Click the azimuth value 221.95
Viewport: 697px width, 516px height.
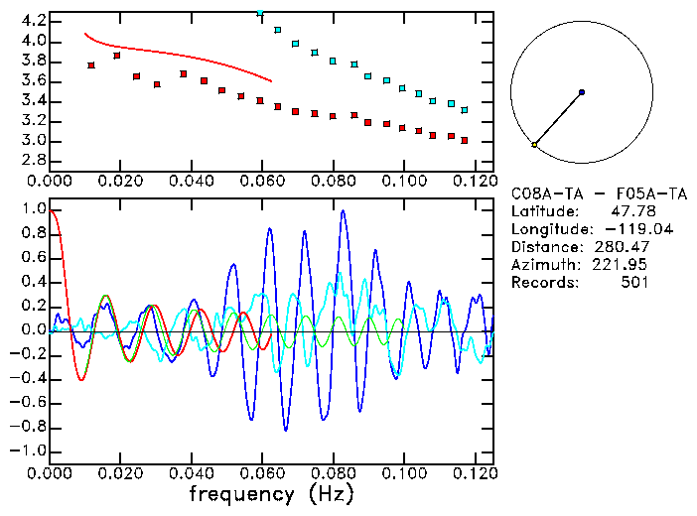623,265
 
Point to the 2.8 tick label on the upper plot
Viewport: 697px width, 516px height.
33,160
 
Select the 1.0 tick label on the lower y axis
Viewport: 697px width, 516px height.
33,209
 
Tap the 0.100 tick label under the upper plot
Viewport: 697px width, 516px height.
402,182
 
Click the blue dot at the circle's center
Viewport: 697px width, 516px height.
581,92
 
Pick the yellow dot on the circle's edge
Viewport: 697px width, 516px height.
534,145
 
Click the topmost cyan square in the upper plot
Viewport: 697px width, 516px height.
260,13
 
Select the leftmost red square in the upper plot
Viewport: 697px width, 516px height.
91,65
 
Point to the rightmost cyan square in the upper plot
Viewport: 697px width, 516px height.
465,109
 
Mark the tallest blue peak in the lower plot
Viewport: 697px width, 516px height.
344,211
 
